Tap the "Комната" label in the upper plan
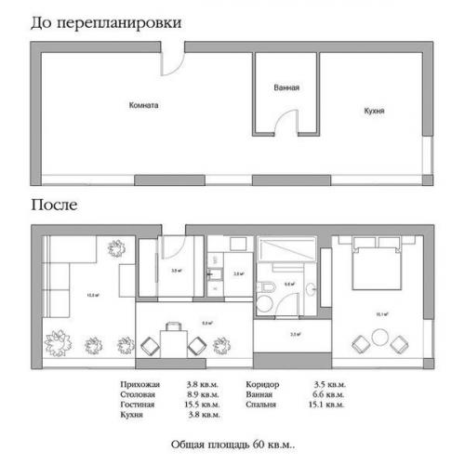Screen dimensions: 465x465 click(144, 105)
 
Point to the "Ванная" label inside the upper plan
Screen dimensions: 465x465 click(286, 88)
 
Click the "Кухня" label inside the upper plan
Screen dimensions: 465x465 click(374, 111)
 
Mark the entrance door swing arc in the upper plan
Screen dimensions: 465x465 click(173, 63)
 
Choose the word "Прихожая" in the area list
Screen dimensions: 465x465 click(140, 384)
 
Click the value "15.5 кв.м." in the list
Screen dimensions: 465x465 click(203, 405)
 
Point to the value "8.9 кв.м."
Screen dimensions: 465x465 click(203, 394)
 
